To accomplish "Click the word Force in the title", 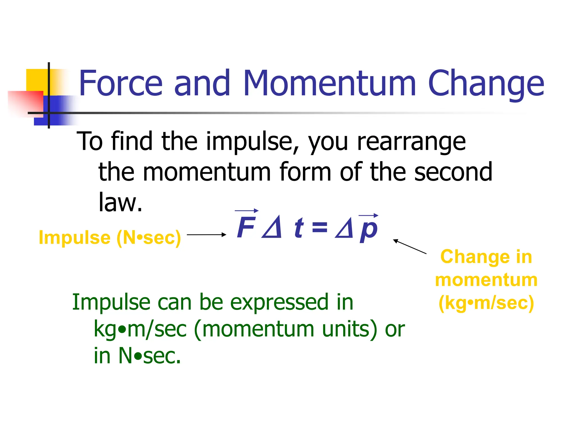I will click(121, 83).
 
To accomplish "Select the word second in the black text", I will click(453, 172).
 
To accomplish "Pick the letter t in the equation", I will click(299, 228).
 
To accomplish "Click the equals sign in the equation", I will click(320, 227).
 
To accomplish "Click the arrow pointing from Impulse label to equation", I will click(206, 235).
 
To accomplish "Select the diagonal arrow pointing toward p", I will click(410, 247).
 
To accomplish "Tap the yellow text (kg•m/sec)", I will click(486, 303).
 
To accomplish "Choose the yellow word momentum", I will click(486, 280).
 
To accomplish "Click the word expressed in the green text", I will click(279, 302).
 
